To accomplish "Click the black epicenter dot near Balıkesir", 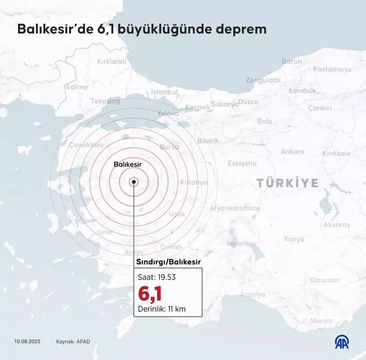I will tap(134, 181).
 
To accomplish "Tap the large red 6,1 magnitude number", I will tap(150, 293).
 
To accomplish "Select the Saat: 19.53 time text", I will tap(157, 277).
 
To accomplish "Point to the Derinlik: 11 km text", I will tap(162, 309).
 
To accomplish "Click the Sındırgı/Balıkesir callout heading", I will tap(167, 262).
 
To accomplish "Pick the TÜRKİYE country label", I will tap(287, 183).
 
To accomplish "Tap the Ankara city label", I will tap(293, 152).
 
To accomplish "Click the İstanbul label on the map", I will tap(164, 92).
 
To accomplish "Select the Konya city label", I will tap(294, 239).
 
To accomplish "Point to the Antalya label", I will tap(253, 294).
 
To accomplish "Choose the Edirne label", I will tap(77, 87).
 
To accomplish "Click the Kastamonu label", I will tap(332, 69).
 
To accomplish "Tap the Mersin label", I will tap(321, 320).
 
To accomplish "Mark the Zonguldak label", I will tap(263, 80).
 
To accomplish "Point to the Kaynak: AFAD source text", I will tap(73, 341).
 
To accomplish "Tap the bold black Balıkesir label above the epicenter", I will tap(127, 165).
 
